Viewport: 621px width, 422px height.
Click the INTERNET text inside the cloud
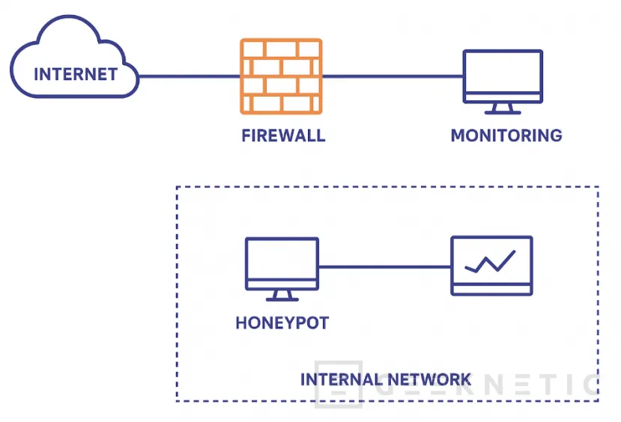75,74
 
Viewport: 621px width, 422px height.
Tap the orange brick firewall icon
281,76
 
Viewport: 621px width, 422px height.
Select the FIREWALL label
283,136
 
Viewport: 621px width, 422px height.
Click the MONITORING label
506,136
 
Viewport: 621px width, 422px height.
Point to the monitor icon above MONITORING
502,76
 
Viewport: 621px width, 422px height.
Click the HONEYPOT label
282,323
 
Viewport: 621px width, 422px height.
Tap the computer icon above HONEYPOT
282,263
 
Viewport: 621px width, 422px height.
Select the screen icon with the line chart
491,266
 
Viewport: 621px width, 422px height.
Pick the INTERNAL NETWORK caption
386,379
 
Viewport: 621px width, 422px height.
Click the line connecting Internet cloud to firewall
189,76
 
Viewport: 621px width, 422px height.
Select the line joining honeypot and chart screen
384,266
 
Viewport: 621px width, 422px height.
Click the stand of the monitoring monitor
502,108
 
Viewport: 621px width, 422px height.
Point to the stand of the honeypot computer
282,296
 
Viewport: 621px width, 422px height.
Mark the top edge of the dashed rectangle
387,187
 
